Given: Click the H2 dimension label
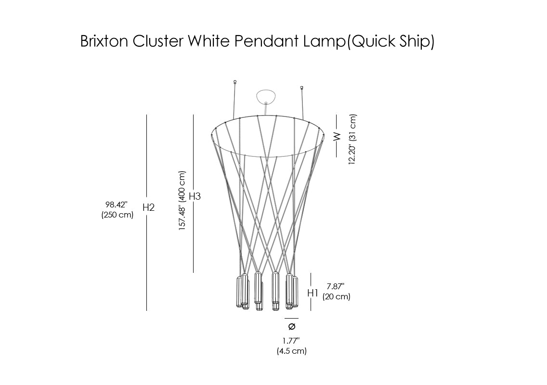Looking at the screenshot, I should [148, 207].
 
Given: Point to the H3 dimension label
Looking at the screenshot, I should [195, 196].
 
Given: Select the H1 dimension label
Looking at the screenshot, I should [313, 293].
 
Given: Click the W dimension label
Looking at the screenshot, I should [337, 136].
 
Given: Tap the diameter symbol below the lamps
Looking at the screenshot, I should [291, 327].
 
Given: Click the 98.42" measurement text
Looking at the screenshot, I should [117, 205].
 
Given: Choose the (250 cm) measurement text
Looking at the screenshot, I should [117, 215].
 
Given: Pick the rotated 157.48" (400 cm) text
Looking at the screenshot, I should [182, 201].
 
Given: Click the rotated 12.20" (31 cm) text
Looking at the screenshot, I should [353, 140].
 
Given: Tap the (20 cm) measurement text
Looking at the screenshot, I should [337, 296].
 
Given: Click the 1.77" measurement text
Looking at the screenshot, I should [291, 341].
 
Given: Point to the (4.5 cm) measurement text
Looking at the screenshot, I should [291, 351].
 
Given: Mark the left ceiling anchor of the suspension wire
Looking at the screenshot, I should [234, 82].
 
